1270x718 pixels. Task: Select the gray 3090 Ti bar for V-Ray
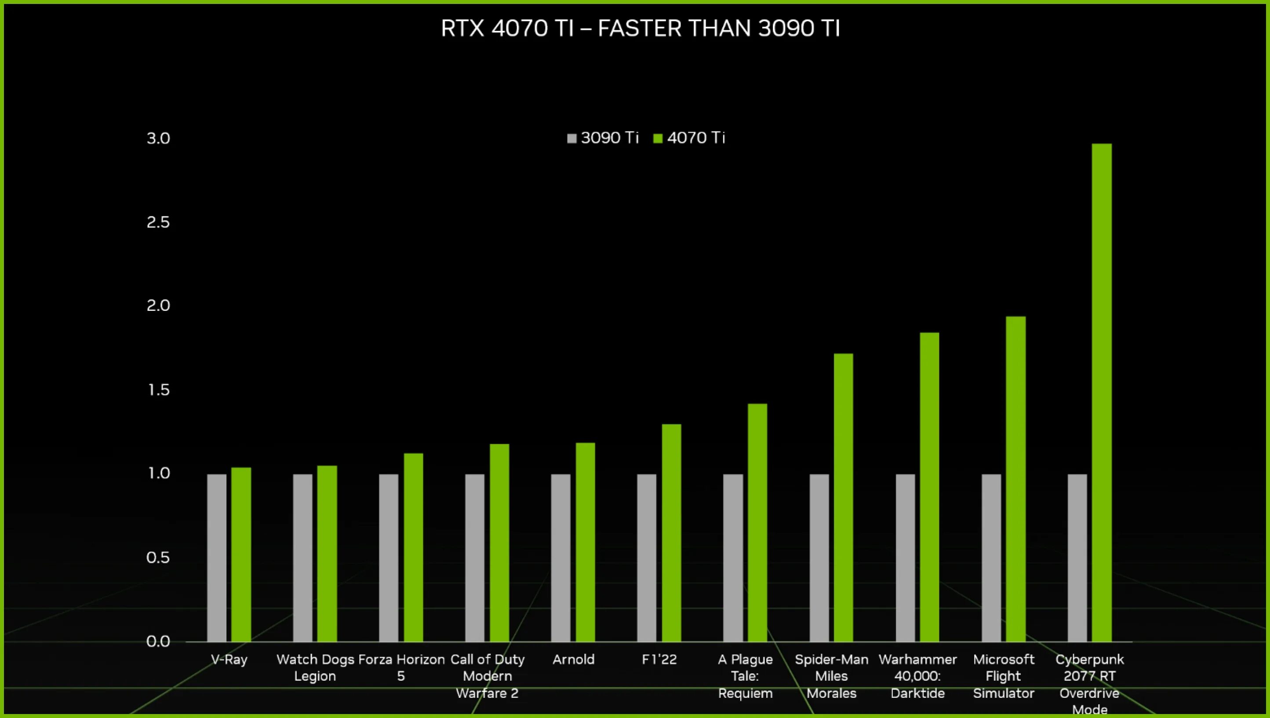[216, 558]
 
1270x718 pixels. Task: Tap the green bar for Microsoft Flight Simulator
[1015, 479]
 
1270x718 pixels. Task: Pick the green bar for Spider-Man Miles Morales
[844, 498]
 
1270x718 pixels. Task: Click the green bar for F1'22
[671, 532]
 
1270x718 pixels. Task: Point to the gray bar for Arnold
[560, 558]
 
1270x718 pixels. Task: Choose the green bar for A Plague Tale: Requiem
[757, 523]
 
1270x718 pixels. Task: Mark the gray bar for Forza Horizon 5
[389, 558]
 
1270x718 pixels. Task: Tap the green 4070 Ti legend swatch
[658, 138]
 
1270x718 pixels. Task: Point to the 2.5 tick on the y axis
[158, 222]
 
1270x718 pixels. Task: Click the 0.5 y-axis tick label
[158, 558]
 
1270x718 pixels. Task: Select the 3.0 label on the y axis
[158, 138]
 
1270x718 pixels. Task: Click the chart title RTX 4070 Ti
[640, 28]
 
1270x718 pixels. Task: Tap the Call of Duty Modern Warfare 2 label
[487, 676]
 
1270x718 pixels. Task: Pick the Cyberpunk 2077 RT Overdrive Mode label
[1090, 684]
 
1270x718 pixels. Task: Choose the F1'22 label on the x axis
[659, 660]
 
